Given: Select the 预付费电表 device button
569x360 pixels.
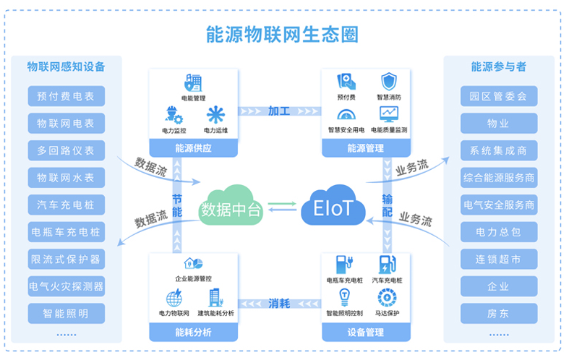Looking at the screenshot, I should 66,96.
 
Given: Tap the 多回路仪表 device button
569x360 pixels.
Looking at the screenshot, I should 66,151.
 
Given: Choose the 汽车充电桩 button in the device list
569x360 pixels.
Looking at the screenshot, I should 66,205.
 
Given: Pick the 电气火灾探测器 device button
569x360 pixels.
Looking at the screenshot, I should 66,286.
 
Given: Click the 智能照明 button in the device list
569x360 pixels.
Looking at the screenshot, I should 66,314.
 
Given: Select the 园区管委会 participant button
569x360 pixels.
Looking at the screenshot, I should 498,96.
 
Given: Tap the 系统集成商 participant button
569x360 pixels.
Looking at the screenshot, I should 498,151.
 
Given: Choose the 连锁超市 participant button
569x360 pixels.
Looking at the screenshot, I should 498,260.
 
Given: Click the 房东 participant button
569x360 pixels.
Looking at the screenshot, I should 498,314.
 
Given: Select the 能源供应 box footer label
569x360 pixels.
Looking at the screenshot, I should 193,148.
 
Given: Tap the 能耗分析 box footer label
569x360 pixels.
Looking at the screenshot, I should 193,333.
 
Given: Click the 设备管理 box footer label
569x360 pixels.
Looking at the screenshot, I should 365,333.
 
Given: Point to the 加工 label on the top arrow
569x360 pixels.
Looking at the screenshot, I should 279,111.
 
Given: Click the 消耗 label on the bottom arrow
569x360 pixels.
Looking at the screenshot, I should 279,303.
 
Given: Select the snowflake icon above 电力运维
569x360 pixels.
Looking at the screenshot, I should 215,114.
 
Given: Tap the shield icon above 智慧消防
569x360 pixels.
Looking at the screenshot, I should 389,80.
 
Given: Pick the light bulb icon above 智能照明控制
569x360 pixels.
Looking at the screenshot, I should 344,296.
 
